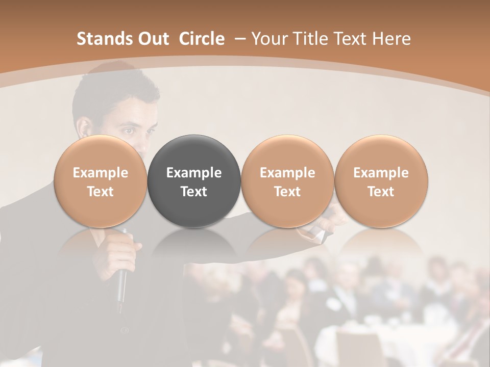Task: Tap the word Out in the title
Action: (153, 39)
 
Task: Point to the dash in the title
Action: (238, 39)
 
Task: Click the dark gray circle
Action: (194, 181)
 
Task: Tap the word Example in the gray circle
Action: (194, 173)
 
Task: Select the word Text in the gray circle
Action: (194, 192)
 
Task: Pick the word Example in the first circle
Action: (101, 173)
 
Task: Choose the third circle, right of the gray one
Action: (287, 181)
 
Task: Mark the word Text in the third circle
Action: (287, 192)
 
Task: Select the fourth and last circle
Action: (381, 181)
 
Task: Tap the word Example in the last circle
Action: (381, 173)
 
